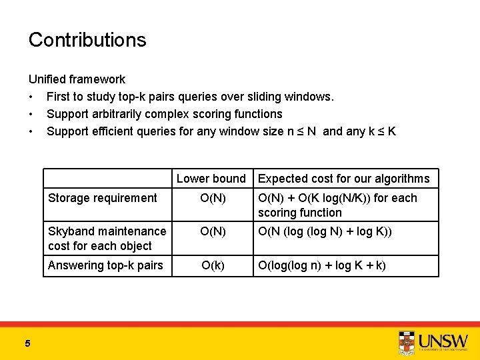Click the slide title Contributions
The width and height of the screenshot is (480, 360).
pos(87,39)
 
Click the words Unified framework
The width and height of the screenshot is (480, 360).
pos(77,79)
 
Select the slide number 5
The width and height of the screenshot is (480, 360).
pos(27,343)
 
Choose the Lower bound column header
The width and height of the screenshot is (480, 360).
pos(211,179)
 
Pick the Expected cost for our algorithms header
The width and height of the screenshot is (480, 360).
pos(343,179)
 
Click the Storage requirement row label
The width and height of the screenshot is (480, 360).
pos(103,198)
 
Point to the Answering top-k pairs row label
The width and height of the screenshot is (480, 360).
pos(105,265)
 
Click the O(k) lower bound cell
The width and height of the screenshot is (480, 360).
pos(213,265)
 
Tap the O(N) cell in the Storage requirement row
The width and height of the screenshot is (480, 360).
pos(213,198)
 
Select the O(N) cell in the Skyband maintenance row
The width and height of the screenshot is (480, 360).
pos(213,231)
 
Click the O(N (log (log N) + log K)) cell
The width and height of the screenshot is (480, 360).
pos(324,231)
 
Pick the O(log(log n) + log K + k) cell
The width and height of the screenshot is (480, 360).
pos(321,265)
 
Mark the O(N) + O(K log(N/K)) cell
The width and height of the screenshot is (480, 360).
pos(337,205)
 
